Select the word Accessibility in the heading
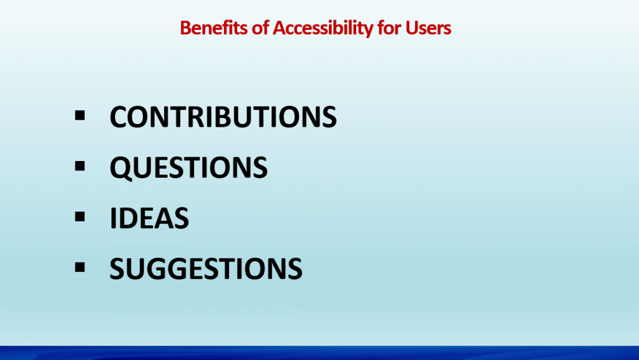click(x=323, y=28)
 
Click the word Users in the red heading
click(x=428, y=28)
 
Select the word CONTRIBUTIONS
click(x=223, y=117)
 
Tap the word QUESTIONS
click(x=188, y=168)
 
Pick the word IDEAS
click(x=149, y=218)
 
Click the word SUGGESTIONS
click(x=206, y=269)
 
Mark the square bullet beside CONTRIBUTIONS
click(x=80, y=115)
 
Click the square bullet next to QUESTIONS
click(x=80, y=166)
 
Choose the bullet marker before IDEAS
click(x=80, y=216)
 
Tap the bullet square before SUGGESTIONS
click(x=80, y=267)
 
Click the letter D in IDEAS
click(x=128, y=218)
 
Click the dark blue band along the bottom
click(x=319, y=353)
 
